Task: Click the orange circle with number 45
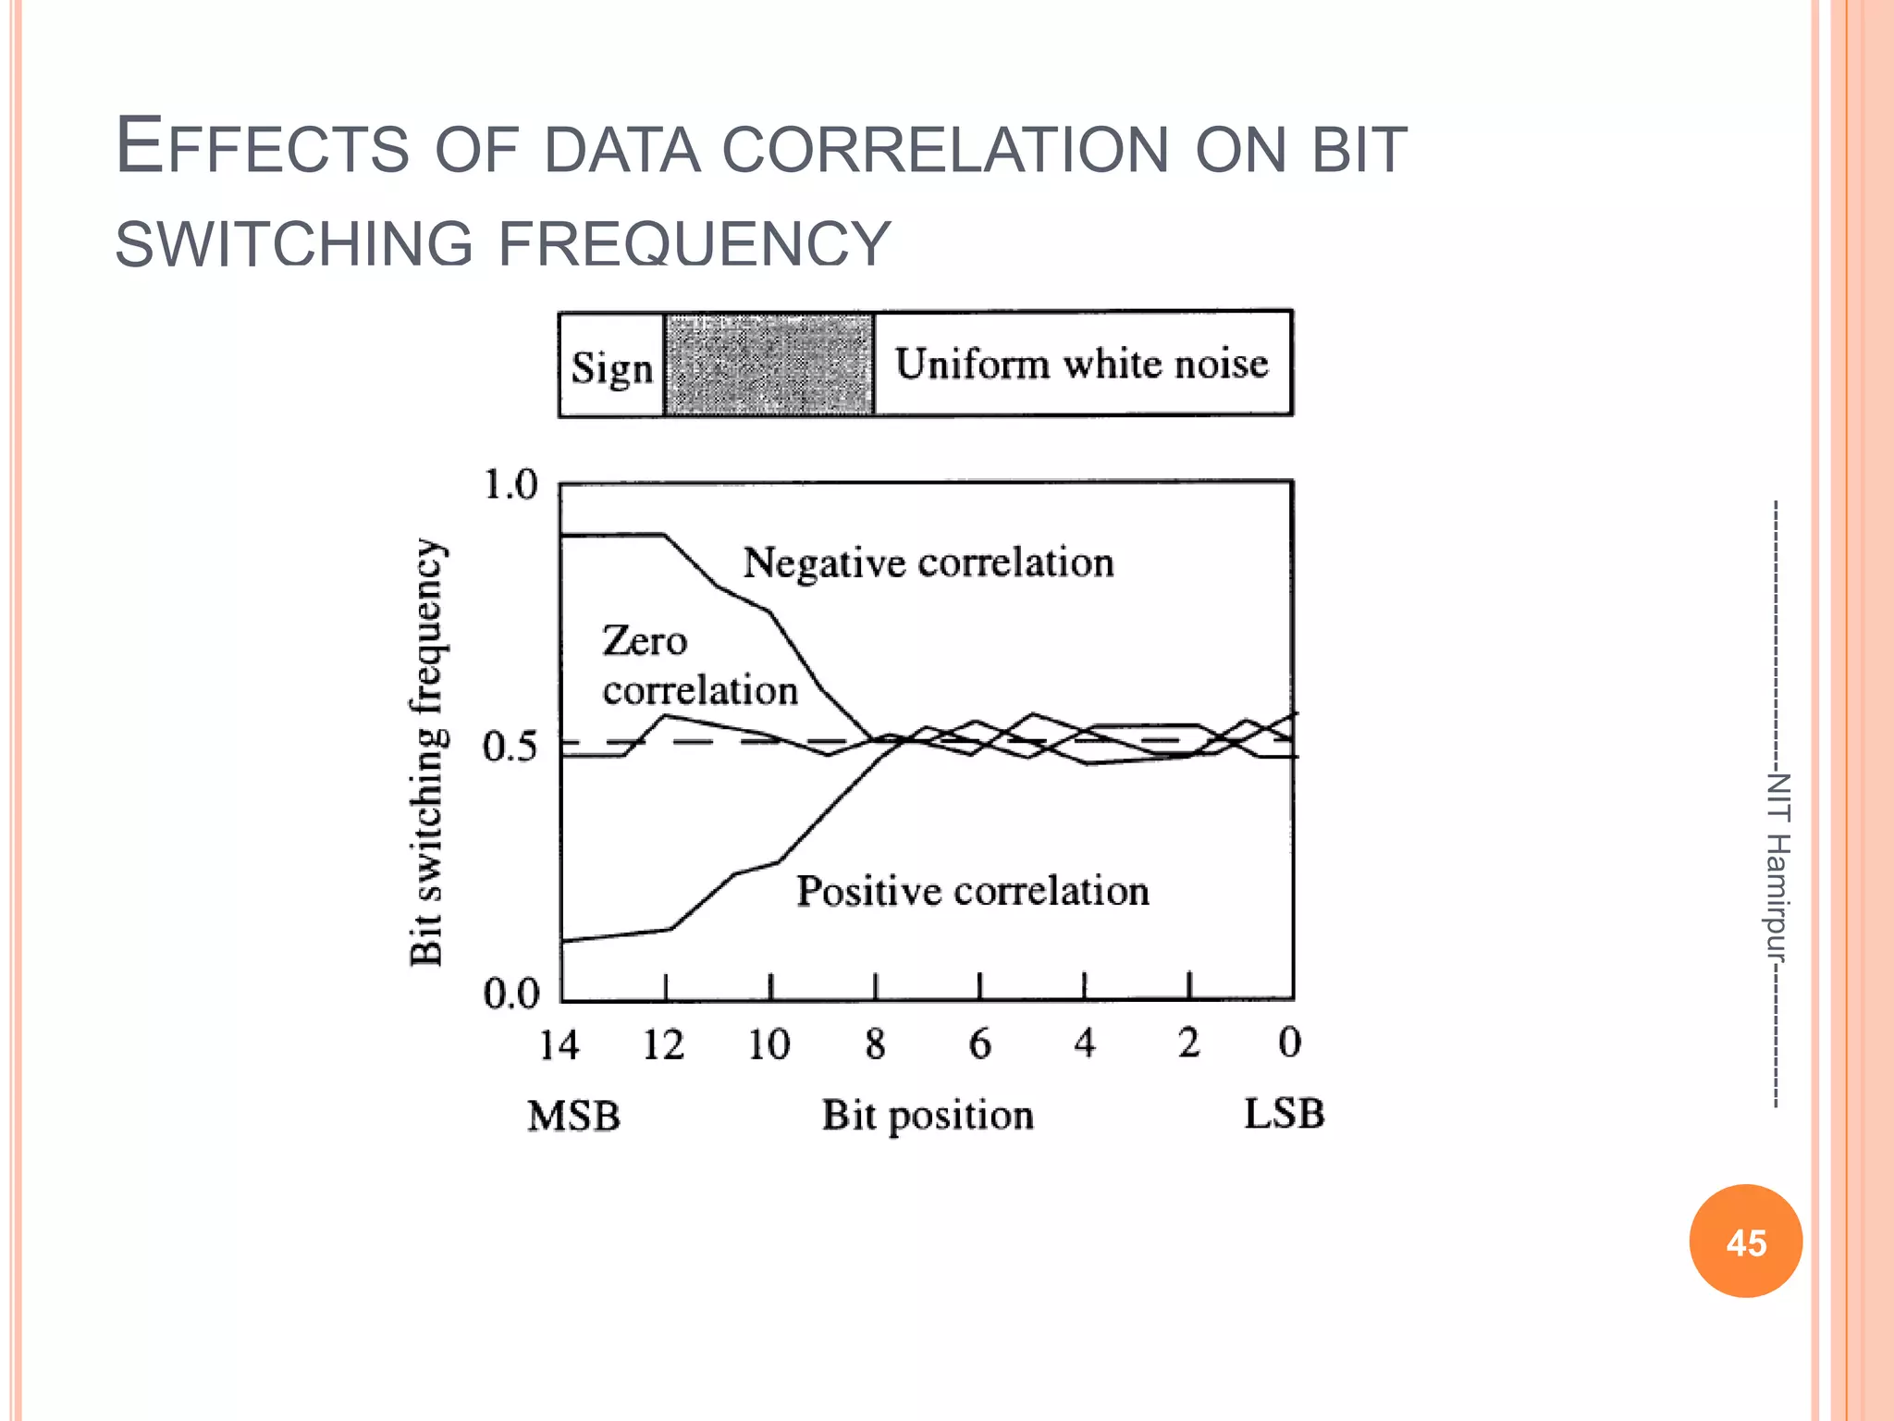(1745, 1241)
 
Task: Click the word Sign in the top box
(611, 367)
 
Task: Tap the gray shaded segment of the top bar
(769, 364)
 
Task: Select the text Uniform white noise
(1081, 363)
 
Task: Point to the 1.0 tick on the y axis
(510, 484)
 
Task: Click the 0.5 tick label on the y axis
(509, 746)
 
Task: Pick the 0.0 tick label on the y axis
(510, 994)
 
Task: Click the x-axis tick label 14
(559, 1045)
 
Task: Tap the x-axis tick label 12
(663, 1045)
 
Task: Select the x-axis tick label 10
(769, 1045)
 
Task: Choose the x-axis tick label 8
(875, 1044)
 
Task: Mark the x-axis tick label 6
(979, 1044)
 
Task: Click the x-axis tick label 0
(1289, 1043)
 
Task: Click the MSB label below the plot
(573, 1116)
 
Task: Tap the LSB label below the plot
(1284, 1113)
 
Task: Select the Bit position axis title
(927, 1116)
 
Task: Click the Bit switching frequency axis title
(427, 751)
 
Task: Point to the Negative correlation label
(928, 562)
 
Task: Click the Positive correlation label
(973, 891)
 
